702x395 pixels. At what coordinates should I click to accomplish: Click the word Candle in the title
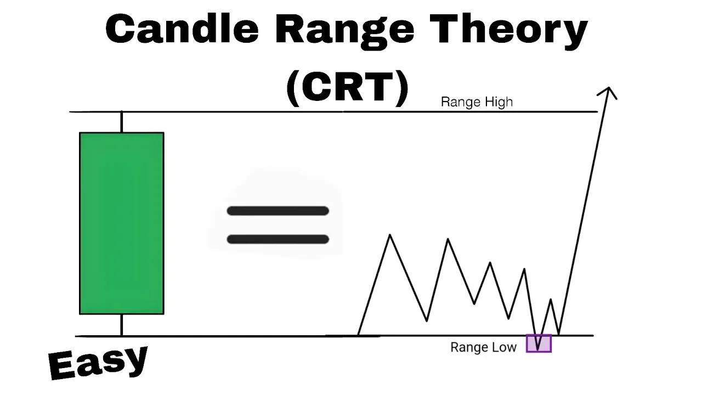[x=182, y=30]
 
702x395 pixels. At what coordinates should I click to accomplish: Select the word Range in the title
[x=345, y=31]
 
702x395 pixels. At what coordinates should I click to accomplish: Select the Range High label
[x=477, y=102]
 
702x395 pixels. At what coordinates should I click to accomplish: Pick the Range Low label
[x=483, y=347]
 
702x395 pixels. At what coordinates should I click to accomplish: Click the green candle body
[x=121, y=223]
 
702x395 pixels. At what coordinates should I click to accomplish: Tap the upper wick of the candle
[x=121, y=122]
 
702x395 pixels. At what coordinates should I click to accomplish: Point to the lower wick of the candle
[x=121, y=324]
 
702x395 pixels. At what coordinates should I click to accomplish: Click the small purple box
[x=539, y=343]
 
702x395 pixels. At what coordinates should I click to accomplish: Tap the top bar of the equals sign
[x=278, y=211]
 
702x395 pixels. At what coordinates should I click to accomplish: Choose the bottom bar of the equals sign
[x=278, y=239]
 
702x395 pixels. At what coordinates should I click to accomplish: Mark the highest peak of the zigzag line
[x=390, y=235]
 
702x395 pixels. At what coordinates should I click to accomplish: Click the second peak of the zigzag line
[x=448, y=239]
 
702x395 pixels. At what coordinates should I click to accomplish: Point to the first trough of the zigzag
[x=427, y=320]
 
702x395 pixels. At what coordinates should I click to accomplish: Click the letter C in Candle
[x=121, y=30]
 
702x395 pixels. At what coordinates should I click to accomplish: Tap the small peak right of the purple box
[x=551, y=300]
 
